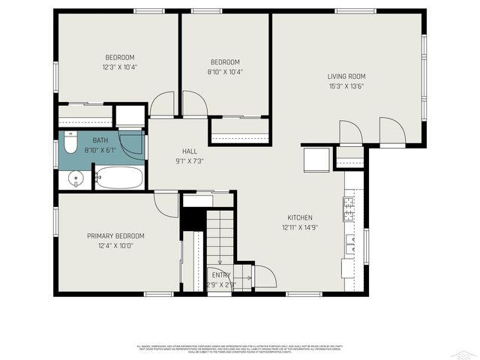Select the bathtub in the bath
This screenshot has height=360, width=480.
(x=119, y=178)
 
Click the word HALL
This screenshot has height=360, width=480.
(x=189, y=151)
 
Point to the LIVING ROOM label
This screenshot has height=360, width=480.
(x=346, y=76)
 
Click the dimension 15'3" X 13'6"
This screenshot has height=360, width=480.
(x=346, y=85)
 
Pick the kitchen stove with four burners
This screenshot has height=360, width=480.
(x=349, y=209)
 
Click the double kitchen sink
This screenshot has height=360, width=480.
(x=349, y=244)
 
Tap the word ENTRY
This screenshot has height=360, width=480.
(x=221, y=275)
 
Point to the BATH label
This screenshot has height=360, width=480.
(x=100, y=140)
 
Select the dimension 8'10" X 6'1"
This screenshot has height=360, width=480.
(x=100, y=150)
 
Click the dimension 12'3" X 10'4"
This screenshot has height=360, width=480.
(x=119, y=67)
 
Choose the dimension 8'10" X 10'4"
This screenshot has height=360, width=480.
(x=225, y=72)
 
